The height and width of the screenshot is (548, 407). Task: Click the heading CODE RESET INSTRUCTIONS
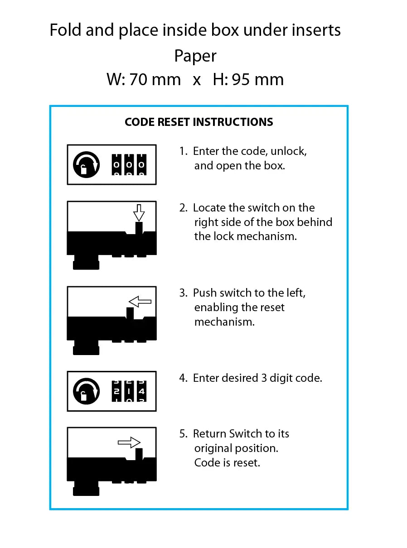[199, 122]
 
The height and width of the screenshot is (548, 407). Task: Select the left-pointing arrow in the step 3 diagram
[140, 301]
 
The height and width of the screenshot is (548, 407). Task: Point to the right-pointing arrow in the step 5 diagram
[129, 442]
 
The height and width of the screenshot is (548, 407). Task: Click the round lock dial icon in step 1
[86, 165]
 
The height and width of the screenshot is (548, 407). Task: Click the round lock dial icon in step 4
[86, 391]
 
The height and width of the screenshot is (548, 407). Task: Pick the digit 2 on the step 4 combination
[116, 391]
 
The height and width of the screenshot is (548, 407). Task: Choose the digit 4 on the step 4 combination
[141, 391]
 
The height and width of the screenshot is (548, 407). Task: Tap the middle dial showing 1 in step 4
[129, 391]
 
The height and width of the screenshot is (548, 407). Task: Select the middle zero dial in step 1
[129, 165]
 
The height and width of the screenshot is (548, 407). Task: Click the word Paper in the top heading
[195, 56]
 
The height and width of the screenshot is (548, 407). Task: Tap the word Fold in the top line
[65, 30]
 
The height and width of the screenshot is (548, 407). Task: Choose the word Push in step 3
[205, 293]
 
